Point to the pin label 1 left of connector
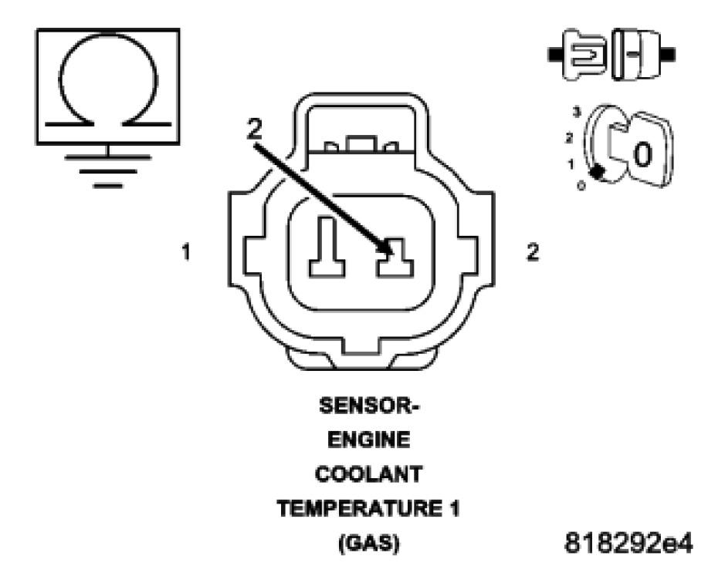187,252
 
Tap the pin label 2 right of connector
532,252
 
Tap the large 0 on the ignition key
642,153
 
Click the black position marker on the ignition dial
597,172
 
